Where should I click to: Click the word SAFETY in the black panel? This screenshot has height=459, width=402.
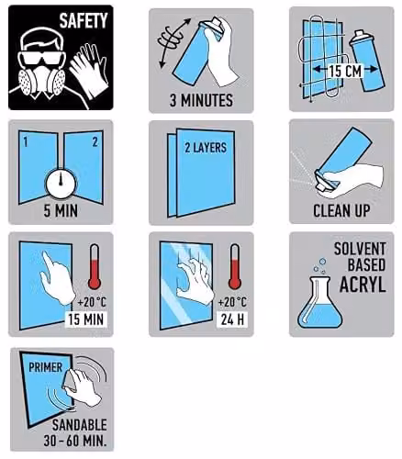pyautogui.click(x=84, y=20)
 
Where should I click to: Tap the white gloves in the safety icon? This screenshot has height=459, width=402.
pyautogui.click(x=89, y=72)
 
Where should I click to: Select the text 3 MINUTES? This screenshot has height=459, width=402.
pyautogui.click(x=201, y=100)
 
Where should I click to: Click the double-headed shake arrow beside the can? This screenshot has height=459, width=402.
pyautogui.click(x=174, y=43)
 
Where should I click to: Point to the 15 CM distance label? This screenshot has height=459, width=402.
pyautogui.click(x=345, y=71)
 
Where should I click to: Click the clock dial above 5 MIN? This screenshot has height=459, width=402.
pyautogui.click(x=61, y=183)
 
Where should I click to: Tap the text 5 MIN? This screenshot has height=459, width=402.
pyautogui.click(x=61, y=211)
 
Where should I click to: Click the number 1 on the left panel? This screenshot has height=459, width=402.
pyautogui.click(x=26, y=141)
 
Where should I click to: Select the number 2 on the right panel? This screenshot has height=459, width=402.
pyautogui.click(x=95, y=141)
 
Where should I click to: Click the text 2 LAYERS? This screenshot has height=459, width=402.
pyautogui.click(x=206, y=148)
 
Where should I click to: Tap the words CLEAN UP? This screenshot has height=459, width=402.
pyautogui.click(x=341, y=210)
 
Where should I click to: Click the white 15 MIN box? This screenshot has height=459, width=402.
pyautogui.click(x=86, y=319)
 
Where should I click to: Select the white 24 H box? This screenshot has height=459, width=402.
pyautogui.click(x=232, y=319)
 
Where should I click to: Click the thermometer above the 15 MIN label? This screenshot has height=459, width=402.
pyautogui.click(x=95, y=266)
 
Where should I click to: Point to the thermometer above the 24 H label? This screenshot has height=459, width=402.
pyautogui.click(x=235, y=266)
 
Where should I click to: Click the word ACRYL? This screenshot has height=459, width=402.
pyautogui.click(x=363, y=285)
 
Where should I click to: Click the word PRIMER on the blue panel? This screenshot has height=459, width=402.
pyautogui.click(x=45, y=367)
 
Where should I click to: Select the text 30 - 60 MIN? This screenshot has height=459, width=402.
pyautogui.click(x=75, y=441)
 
